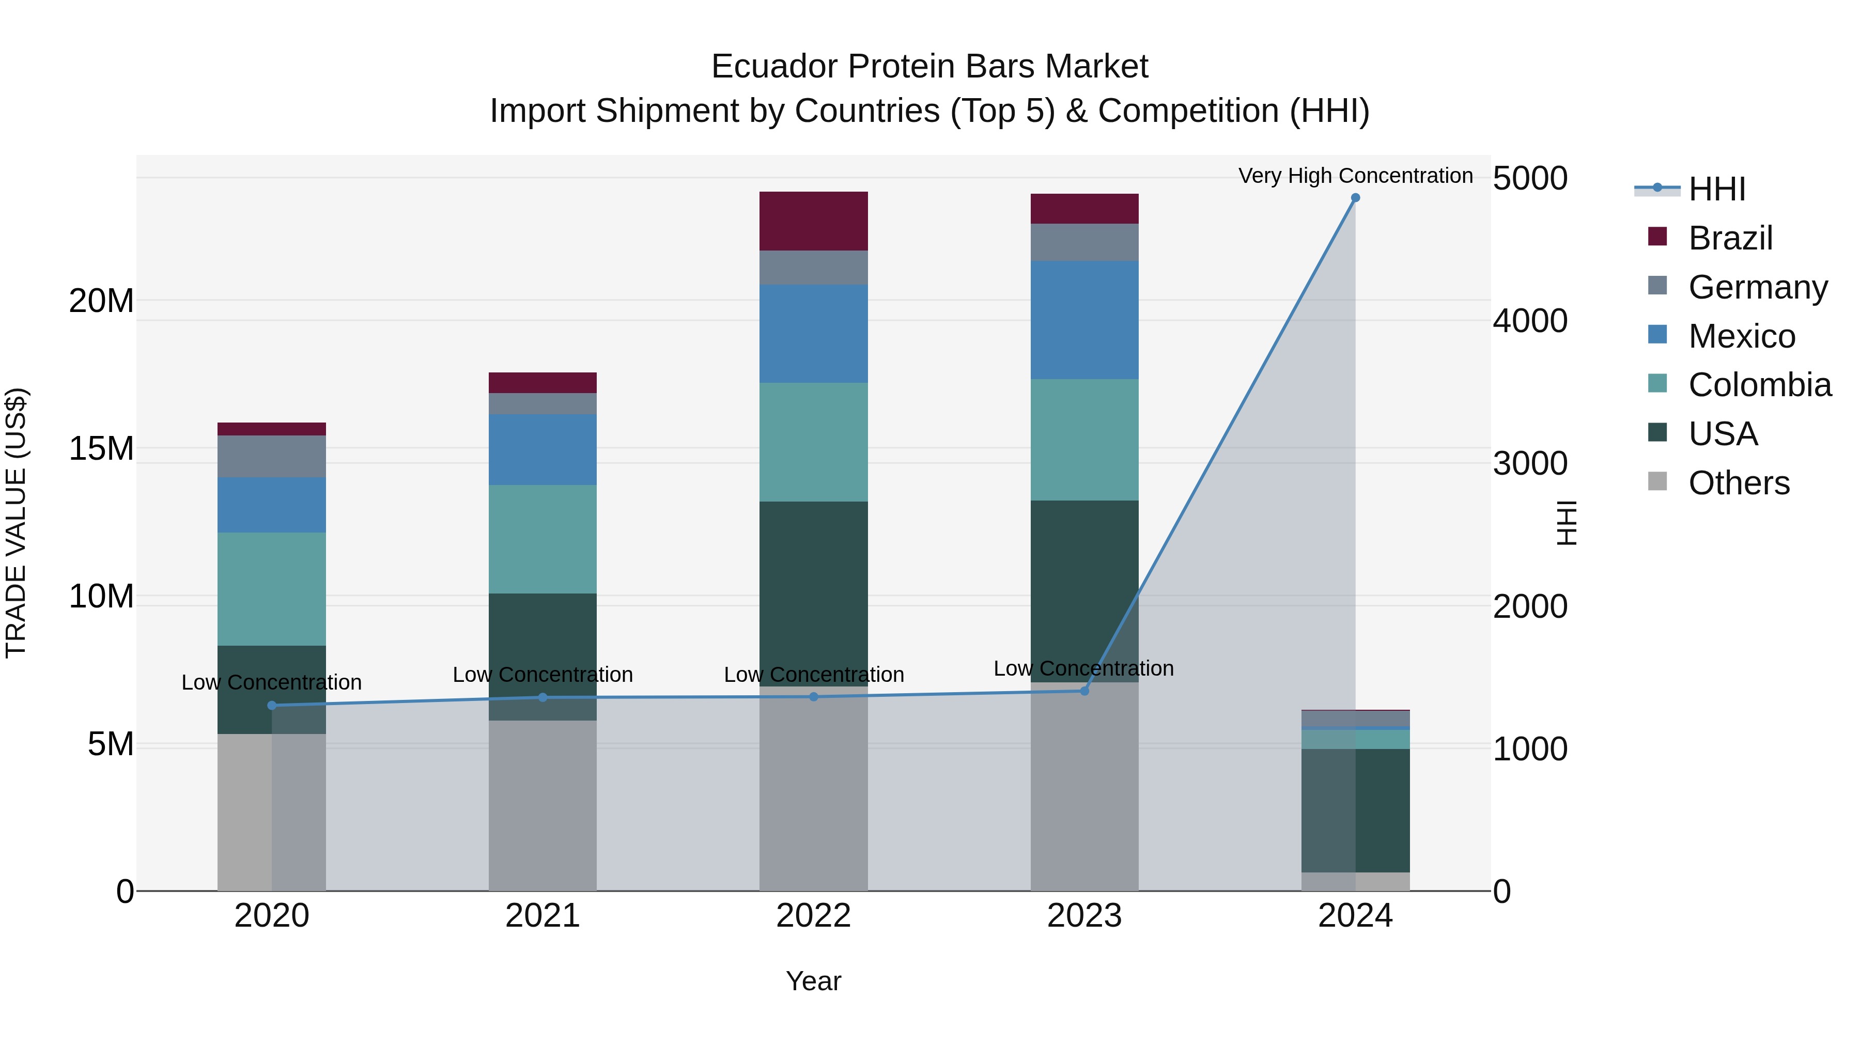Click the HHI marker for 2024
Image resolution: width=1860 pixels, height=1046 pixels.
coord(1355,198)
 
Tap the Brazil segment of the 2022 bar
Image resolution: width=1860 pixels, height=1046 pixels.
coord(813,221)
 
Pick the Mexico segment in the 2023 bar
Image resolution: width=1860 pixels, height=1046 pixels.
coord(1084,320)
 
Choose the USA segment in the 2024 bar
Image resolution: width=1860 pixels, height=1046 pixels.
coord(1355,810)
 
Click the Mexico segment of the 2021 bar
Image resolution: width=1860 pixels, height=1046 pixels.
coord(542,449)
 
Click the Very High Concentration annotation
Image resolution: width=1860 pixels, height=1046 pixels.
coord(1355,176)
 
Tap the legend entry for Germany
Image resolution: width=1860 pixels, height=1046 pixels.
coord(1758,287)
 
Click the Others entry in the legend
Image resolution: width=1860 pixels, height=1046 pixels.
coord(1738,483)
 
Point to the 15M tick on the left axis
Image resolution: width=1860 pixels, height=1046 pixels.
coord(101,449)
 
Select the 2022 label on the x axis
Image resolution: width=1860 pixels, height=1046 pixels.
coord(813,916)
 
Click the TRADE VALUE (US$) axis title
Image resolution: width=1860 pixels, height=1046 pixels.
coord(16,523)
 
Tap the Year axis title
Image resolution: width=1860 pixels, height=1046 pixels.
coord(813,981)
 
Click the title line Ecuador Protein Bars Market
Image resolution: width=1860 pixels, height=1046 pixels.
coord(929,67)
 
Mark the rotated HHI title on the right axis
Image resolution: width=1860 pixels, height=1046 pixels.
coord(1566,523)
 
